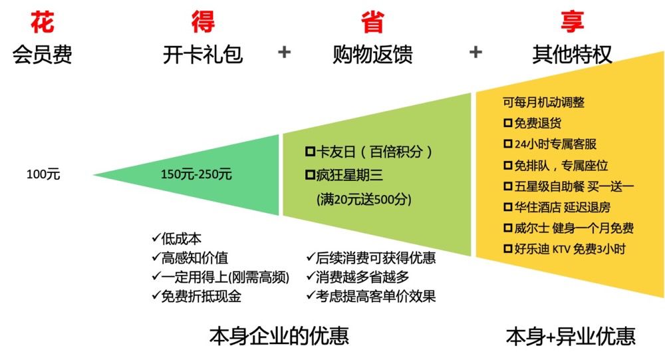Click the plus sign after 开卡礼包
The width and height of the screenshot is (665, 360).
[x=285, y=53]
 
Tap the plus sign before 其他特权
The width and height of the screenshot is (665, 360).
[x=475, y=53]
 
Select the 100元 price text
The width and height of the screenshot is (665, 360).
[x=43, y=174]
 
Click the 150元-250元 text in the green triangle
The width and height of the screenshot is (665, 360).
[x=196, y=174]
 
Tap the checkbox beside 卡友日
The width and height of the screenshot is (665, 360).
[x=309, y=152]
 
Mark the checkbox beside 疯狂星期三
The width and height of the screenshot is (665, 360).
[x=309, y=176]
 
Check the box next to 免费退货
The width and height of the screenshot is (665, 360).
[x=508, y=123]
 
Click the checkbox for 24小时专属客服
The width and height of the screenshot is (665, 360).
[x=508, y=144]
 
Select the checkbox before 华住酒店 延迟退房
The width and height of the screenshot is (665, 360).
[x=508, y=207]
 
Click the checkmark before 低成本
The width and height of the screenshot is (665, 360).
[x=156, y=238]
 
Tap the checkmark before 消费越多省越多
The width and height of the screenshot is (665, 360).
[x=310, y=275]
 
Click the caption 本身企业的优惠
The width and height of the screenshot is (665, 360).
[x=279, y=335]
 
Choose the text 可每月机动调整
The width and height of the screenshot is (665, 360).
[x=543, y=102]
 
